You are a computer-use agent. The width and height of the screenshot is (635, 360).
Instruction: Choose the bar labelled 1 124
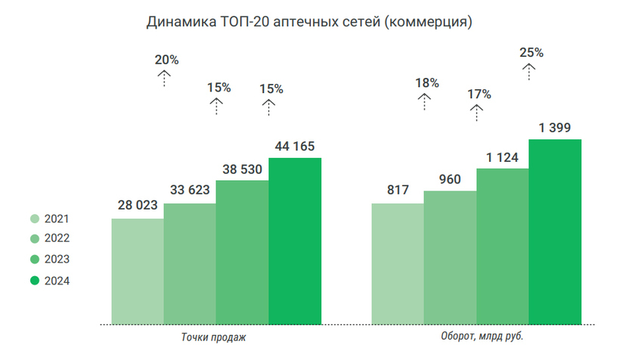503,246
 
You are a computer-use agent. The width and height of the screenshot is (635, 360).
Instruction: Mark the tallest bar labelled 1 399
555,231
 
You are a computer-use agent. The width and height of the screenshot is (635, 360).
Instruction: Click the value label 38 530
242,170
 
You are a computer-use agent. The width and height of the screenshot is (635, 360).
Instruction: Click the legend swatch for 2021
35,219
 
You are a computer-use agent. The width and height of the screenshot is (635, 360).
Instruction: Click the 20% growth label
166,60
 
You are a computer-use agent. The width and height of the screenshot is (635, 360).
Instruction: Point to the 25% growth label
531,53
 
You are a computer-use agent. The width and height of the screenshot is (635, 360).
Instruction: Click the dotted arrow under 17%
476,113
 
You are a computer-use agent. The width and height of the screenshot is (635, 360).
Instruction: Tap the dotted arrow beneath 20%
164,78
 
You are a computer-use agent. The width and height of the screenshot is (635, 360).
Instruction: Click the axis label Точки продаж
214,337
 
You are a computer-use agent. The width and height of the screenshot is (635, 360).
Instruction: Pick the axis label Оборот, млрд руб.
482,337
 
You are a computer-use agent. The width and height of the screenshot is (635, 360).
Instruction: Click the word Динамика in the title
180,23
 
